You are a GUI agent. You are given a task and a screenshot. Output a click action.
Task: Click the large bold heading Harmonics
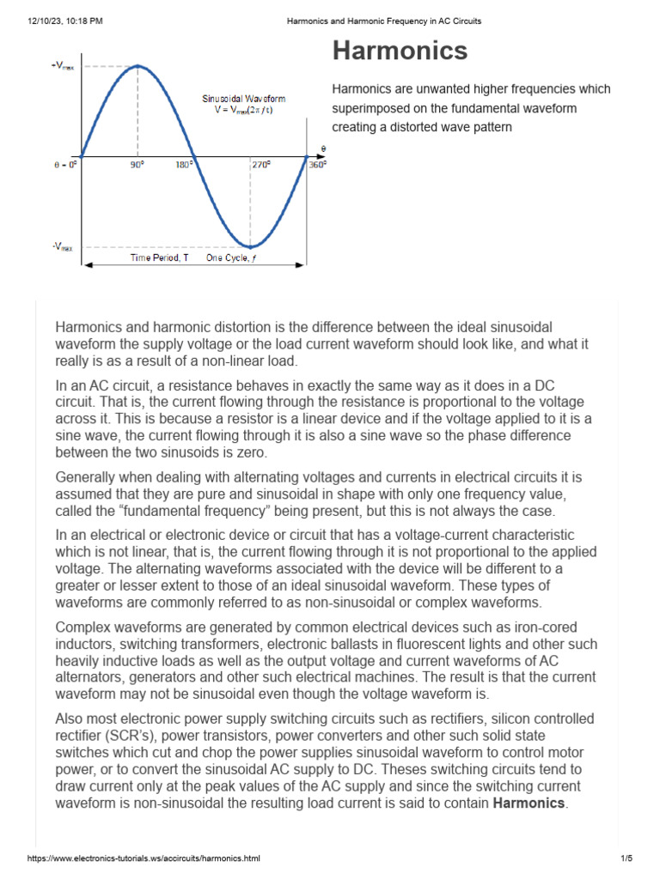(x=400, y=51)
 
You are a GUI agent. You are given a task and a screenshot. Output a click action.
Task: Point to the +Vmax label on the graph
(x=62, y=66)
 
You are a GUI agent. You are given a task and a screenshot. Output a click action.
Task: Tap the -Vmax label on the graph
(x=62, y=246)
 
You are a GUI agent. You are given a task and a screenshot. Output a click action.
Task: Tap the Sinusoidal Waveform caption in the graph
(x=244, y=99)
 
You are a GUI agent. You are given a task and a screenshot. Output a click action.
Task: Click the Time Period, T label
(x=159, y=258)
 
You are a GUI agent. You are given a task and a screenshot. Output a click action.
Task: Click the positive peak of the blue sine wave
(x=137, y=65)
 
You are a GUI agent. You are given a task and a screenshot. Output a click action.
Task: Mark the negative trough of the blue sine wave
(x=250, y=246)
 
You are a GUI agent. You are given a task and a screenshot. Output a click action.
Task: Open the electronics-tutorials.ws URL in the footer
(x=144, y=858)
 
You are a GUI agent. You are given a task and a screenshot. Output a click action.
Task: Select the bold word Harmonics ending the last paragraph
(x=529, y=803)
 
